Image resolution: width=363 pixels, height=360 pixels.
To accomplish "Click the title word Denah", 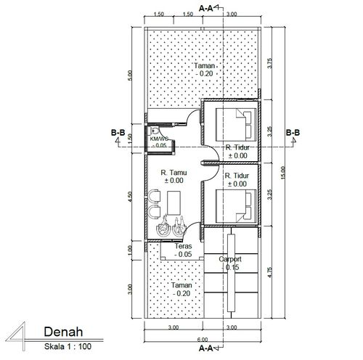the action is point(63,332).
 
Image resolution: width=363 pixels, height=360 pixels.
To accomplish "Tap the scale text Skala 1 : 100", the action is point(68,346).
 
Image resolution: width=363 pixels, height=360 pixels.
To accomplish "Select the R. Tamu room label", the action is point(174,173).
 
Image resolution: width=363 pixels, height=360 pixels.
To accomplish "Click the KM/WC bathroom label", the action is point(159,139).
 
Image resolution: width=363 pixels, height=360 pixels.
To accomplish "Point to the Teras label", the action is point(183,246).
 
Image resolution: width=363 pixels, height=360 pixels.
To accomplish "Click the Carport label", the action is point(230,259).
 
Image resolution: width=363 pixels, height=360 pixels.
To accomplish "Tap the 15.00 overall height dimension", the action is point(283,173).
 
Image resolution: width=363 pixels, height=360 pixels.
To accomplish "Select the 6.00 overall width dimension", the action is point(203,340).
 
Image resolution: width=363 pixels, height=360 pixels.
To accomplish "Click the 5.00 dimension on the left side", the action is point(130,75).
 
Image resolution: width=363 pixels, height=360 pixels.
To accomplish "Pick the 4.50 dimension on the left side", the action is point(130,197).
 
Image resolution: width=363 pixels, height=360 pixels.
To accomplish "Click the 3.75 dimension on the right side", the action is point(269,63).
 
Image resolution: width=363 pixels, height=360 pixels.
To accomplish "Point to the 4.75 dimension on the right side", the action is point(270,272).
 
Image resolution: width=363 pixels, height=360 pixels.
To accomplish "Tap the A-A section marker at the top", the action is point(205,9).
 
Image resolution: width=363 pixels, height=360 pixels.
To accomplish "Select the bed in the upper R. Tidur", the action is point(236,125).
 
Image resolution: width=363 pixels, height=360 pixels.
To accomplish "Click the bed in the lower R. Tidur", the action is point(236,206).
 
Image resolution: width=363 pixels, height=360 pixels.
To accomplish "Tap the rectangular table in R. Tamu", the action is point(174,202).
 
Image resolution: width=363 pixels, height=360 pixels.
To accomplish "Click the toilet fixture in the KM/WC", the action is point(154,131).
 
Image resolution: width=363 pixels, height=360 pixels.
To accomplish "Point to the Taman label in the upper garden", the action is point(205,65).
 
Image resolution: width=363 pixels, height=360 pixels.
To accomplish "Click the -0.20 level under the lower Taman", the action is point(181,293).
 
